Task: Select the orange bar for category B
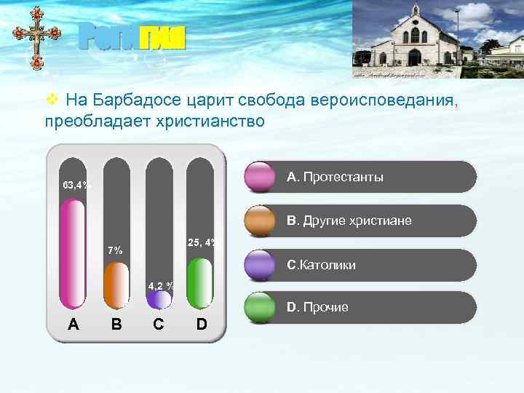116,285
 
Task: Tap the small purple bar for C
159,300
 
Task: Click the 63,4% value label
76,185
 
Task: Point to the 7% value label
115,251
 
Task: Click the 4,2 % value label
160,285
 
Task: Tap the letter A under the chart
74,324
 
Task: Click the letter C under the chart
159,324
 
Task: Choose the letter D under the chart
202,324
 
